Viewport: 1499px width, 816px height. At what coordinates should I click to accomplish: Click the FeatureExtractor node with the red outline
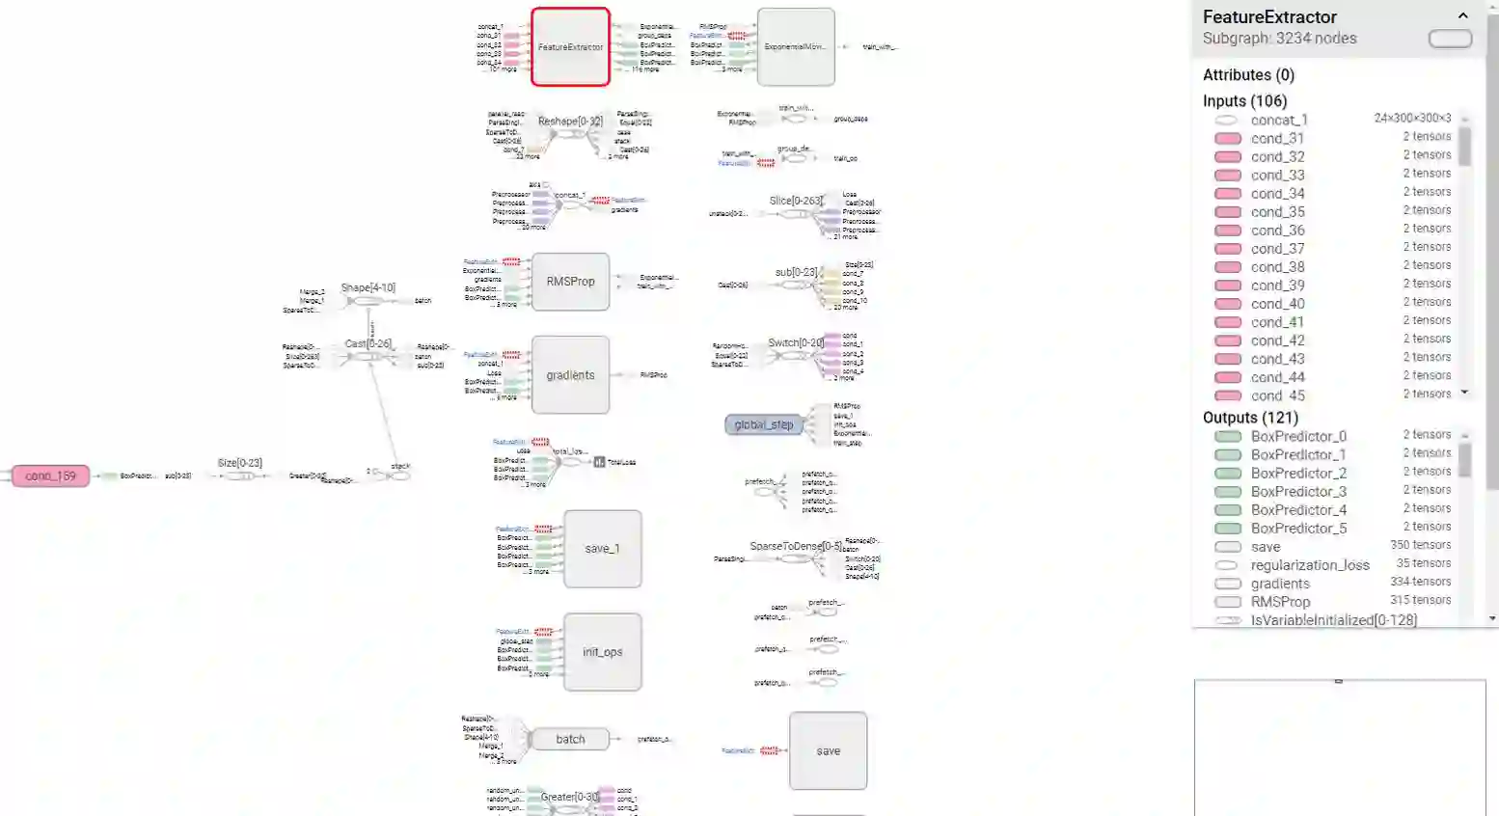(x=570, y=47)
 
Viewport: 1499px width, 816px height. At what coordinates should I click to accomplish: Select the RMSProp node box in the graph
(x=570, y=282)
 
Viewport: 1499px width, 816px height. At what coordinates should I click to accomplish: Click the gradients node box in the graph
(x=570, y=375)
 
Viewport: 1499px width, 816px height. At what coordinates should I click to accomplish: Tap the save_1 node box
(x=602, y=549)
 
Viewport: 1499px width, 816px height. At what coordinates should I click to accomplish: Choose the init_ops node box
(x=602, y=652)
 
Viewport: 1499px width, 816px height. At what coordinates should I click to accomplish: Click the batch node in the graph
(x=570, y=740)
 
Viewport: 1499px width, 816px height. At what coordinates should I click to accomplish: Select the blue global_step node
(x=763, y=424)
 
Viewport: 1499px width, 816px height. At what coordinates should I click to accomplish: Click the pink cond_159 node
(x=50, y=476)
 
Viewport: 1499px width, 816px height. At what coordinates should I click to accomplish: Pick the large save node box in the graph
(x=828, y=751)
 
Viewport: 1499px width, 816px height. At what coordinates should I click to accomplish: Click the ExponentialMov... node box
(x=796, y=47)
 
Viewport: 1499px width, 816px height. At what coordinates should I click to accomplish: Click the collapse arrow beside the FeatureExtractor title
(x=1462, y=15)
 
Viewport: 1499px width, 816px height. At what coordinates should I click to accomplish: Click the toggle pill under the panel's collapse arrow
(x=1450, y=39)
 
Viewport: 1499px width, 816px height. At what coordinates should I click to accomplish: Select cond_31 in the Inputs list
(x=1277, y=138)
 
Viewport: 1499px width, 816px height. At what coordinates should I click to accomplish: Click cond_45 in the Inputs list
(x=1277, y=395)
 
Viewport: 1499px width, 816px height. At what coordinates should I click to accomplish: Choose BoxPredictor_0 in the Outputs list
(x=1298, y=436)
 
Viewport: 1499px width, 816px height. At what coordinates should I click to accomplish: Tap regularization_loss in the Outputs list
(x=1309, y=565)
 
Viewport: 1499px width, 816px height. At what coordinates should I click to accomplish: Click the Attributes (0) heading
(x=1248, y=75)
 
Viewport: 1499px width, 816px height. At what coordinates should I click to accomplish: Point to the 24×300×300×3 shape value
(x=1412, y=119)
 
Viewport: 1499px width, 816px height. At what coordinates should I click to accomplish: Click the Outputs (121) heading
(x=1250, y=418)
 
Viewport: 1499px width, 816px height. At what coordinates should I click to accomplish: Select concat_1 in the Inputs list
(x=1279, y=120)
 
